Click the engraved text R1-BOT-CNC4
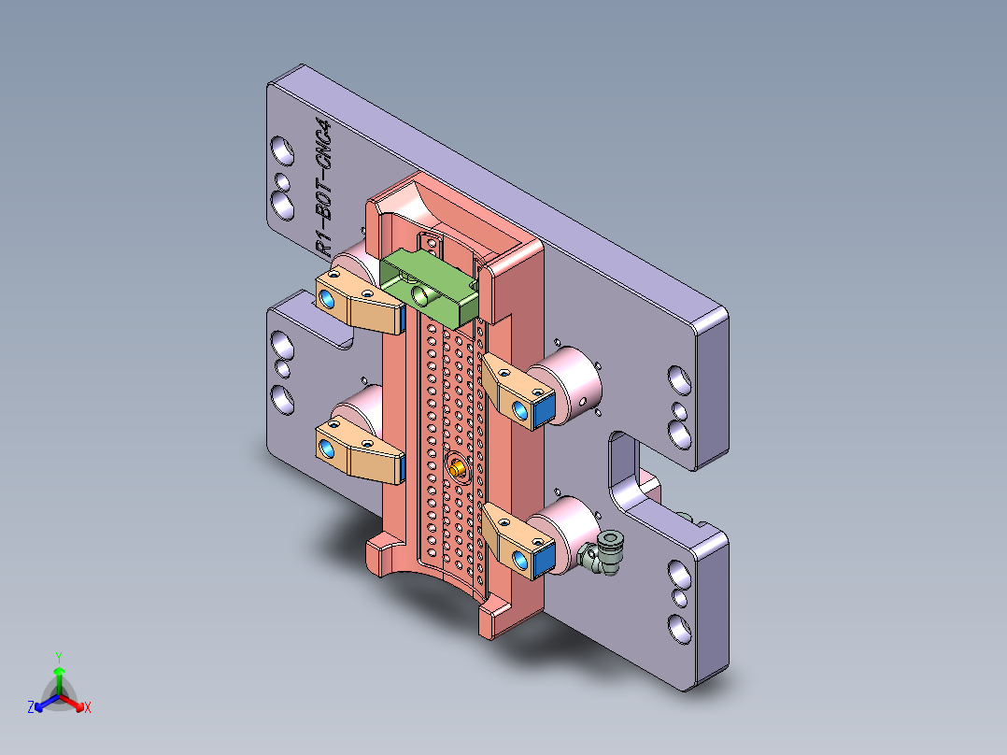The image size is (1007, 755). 322,187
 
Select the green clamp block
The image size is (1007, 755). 429,284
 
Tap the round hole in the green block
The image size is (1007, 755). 422,295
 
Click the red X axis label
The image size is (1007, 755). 88,708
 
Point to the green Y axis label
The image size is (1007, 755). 59,657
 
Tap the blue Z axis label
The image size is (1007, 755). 31,708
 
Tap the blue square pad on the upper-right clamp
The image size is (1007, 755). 544,410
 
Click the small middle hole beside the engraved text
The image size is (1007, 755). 281,178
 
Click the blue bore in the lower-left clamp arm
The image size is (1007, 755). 327,451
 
